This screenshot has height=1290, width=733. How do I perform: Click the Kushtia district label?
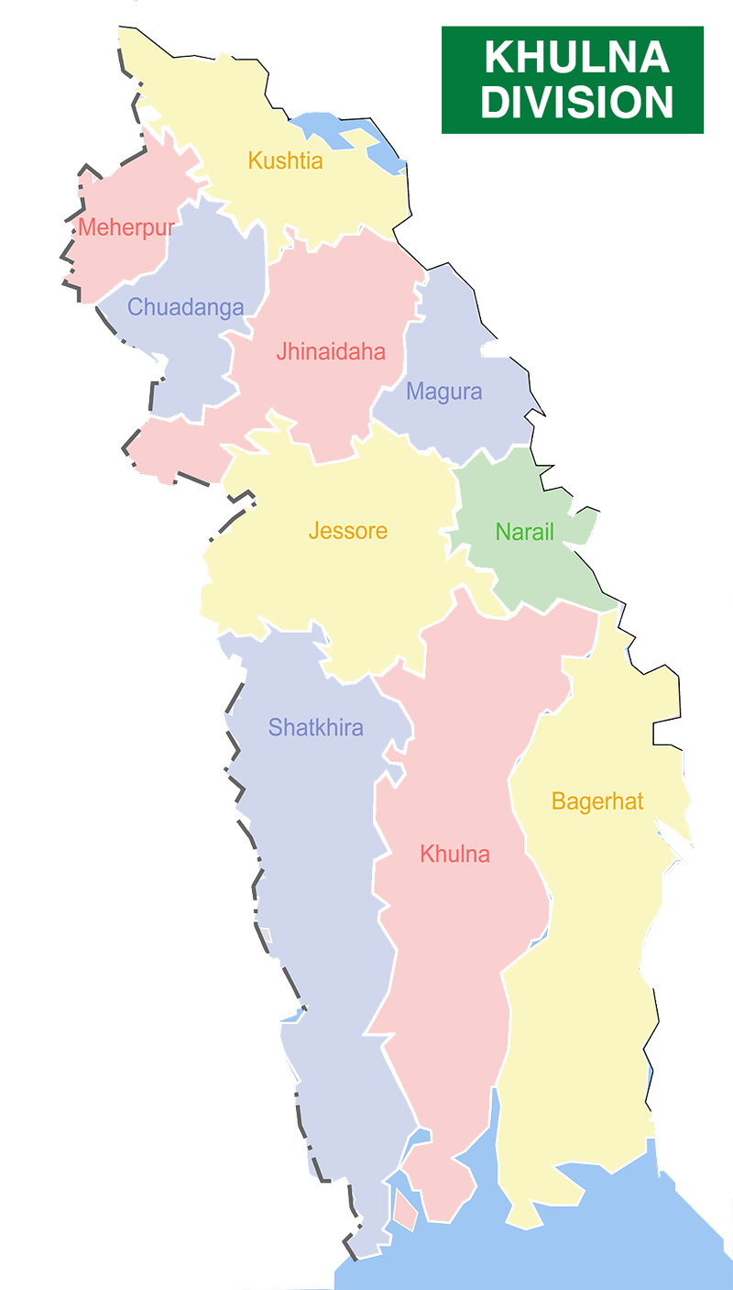coord(285,161)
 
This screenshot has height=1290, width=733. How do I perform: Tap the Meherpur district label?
coord(126,227)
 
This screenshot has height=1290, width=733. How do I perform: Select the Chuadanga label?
coord(186,307)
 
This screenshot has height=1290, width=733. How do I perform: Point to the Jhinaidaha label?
coord(331,352)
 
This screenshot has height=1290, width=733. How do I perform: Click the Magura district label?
coord(443,392)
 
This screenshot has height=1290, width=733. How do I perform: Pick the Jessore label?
coord(348,531)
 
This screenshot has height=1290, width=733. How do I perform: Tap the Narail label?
coord(525,532)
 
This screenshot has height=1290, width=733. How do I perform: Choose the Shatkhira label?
coord(315,728)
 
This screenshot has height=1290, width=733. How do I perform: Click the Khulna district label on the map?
coord(454,854)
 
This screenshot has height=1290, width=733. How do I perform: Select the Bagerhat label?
coord(597,802)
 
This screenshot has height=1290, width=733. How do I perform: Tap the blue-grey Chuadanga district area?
coord(183,358)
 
